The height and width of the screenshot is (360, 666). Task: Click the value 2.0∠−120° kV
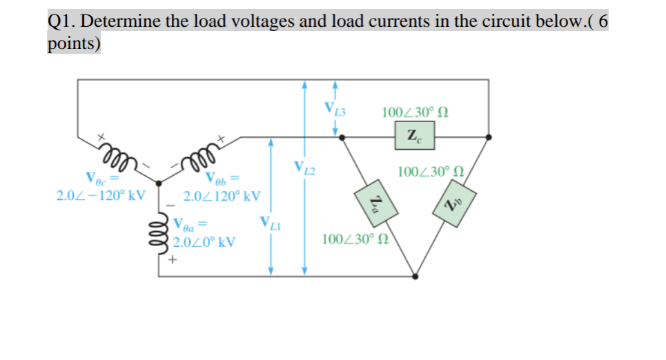[101, 195]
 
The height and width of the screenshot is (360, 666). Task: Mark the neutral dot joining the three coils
[159, 183]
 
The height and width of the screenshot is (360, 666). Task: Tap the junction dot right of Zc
[489, 137]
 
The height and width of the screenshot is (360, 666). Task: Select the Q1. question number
[62, 21]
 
